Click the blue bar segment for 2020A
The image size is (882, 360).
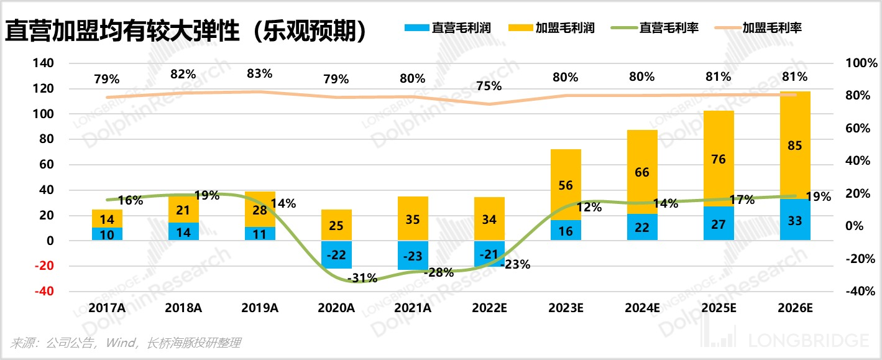pos(336,254)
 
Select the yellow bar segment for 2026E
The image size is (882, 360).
pos(795,145)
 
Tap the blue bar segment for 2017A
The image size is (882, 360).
pos(107,234)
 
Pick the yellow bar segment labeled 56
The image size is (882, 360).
pos(566,185)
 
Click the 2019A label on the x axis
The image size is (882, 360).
pos(260,308)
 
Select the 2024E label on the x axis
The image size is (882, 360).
pos(642,308)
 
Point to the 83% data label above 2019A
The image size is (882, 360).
pos(260,73)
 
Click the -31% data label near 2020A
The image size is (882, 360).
pos(363,278)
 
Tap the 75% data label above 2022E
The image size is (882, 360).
pos(489,86)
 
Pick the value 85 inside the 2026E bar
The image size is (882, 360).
pos(794,146)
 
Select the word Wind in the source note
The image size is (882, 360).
pos(121,343)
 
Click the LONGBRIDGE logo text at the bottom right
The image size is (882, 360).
pos(808,341)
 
